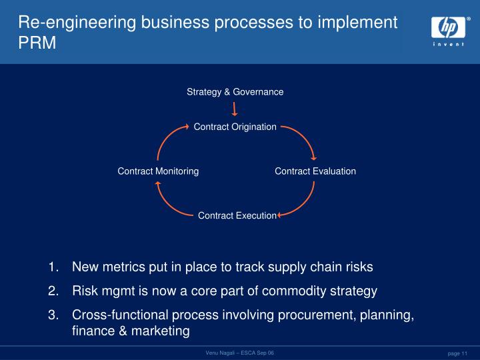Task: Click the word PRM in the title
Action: click(x=37, y=43)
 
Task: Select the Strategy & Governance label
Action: click(x=235, y=91)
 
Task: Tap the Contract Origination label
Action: click(x=235, y=127)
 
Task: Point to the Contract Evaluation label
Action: click(x=315, y=171)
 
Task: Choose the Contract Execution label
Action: click(x=237, y=215)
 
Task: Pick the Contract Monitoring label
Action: click(x=158, y=171)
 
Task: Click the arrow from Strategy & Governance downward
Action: click(x=235, y=109)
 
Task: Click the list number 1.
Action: click(x=53, y=267)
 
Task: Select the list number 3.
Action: click(x=53, y=315)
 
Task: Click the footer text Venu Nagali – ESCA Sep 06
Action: click(x=239, y=352)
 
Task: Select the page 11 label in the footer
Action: click(x=458, y=353)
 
